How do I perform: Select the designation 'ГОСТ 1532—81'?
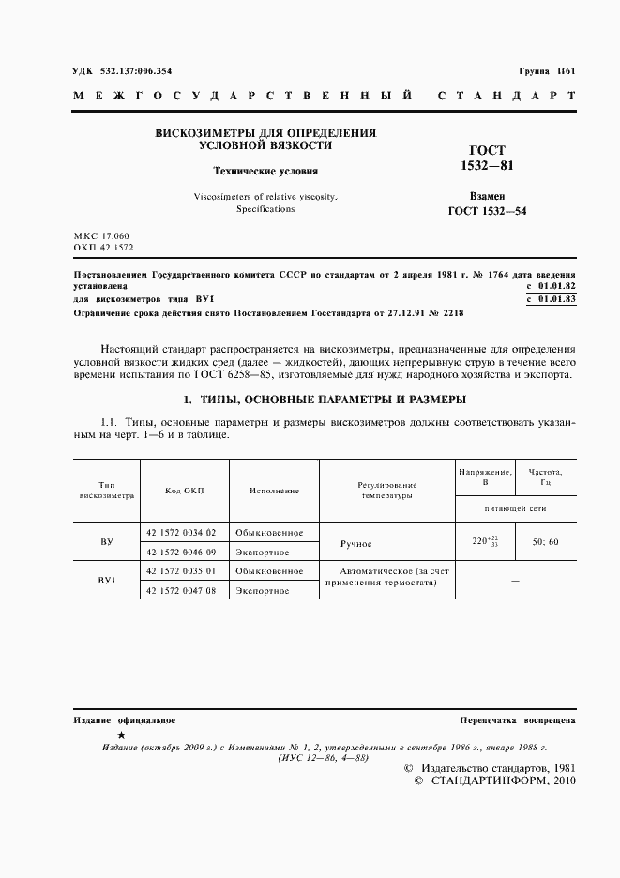click(487, 158)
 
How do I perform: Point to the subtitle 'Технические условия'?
click(265, 172)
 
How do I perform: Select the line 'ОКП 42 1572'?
click(103, 247)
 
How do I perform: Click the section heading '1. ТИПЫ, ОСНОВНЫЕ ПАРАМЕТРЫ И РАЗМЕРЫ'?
click(324, 400)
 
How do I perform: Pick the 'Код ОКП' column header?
click(184, 491)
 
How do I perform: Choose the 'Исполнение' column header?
click(274, 491)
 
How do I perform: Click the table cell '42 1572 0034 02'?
click(181, 532)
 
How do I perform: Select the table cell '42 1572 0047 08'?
click(181, 591)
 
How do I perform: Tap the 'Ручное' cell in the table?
click(355, 543)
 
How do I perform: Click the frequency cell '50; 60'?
click(545, 542)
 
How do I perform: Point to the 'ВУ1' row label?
click(106, 581)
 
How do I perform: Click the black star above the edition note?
click(120, 735)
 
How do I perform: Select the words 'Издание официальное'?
click(124, 719)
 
